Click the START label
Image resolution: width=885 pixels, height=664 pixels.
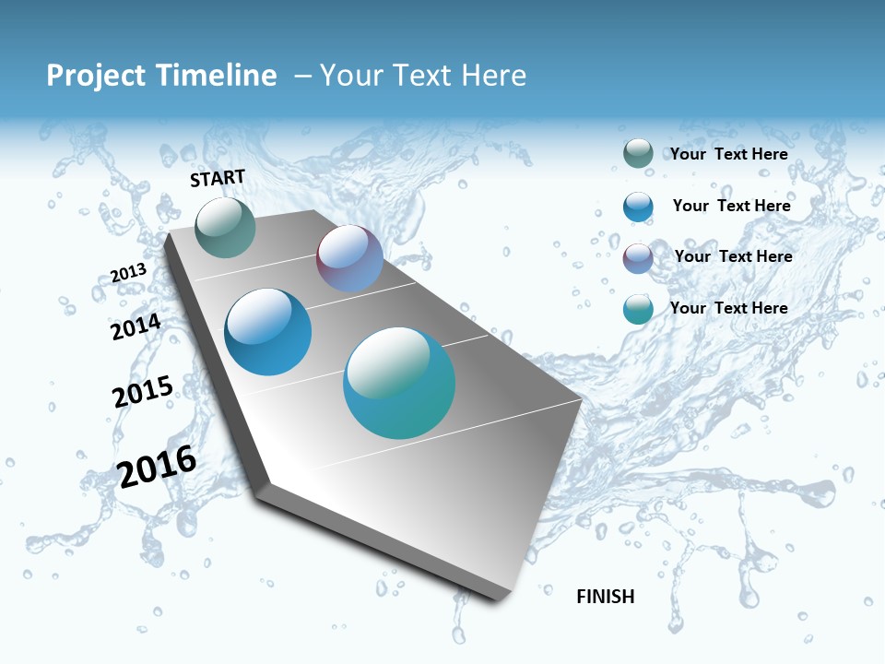[218, 178]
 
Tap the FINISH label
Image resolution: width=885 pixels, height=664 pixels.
[606, 597]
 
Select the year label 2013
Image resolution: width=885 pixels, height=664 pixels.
[128, 273]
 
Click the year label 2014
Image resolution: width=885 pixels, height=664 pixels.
[136, 326]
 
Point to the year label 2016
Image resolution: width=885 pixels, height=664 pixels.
[157, 466]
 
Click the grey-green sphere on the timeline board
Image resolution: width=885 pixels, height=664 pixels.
[225, 227]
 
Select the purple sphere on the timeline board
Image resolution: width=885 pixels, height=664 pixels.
[349, 259]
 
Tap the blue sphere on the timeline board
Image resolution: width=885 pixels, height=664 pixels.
[268, 332]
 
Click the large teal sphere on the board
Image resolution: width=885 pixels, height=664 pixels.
[399, 383]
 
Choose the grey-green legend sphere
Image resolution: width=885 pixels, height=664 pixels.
[638, 153]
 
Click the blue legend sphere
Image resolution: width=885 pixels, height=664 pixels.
[638, 206]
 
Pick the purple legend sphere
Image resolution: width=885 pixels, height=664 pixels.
[638, 257]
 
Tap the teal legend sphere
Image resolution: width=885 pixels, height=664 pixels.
[638, 309]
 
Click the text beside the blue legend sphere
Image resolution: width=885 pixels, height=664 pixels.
[731, 206]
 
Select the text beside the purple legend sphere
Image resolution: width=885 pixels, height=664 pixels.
[733, 256]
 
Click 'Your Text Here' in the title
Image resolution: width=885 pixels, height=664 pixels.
[423, 76]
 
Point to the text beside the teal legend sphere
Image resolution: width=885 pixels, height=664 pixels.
[728, 308]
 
